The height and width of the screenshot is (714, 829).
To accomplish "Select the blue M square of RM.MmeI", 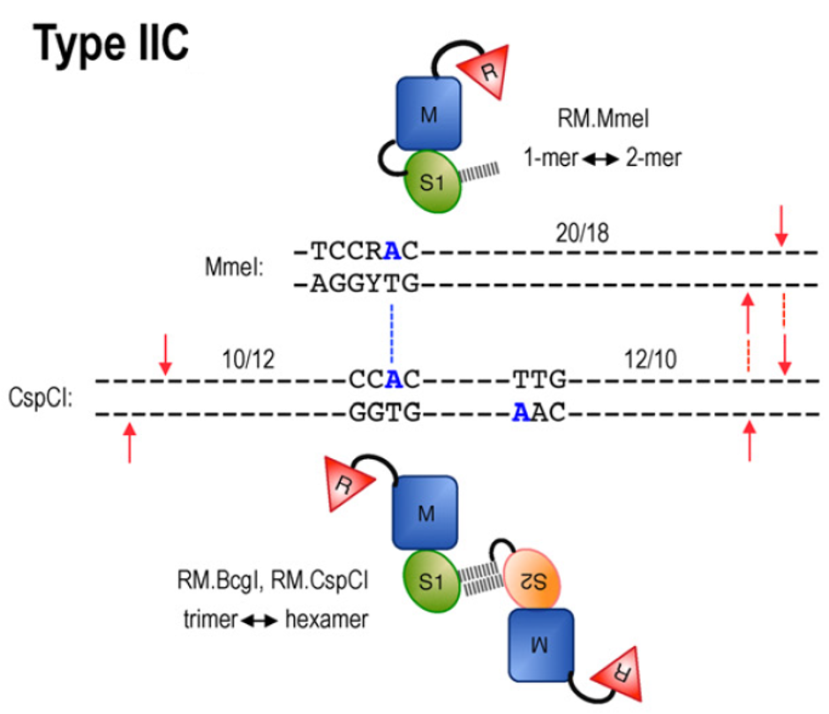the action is [429, 114].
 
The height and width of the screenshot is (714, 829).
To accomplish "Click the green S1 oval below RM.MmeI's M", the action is [433, 182].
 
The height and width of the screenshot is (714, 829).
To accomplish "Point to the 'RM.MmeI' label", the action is [603, 118].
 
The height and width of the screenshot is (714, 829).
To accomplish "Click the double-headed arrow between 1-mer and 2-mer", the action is [601, 158].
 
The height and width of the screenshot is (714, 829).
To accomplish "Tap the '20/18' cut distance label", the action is [582, 232].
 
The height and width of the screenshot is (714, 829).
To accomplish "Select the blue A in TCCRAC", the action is [392, 251].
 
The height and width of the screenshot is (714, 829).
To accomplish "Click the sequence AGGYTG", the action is [365, 284].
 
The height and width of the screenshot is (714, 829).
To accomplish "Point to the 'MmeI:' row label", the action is [234, 267].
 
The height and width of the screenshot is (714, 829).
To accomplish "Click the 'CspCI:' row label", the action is [41, 397].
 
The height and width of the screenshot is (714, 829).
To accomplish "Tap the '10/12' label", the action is [248, 359].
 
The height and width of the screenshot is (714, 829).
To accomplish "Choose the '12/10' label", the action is [651, 359].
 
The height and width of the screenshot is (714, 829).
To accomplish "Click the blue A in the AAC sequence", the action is [521, 412].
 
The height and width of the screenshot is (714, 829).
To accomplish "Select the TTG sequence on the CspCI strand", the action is [539, 380].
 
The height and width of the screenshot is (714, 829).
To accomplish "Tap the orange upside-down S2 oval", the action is [531, 579].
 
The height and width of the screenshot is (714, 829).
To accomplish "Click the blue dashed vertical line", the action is [392, 333].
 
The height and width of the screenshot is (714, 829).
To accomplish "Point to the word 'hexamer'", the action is [326, 619].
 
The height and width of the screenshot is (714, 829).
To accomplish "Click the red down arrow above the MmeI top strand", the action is [781, 226].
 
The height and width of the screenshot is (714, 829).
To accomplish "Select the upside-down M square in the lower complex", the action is [540, 645].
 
